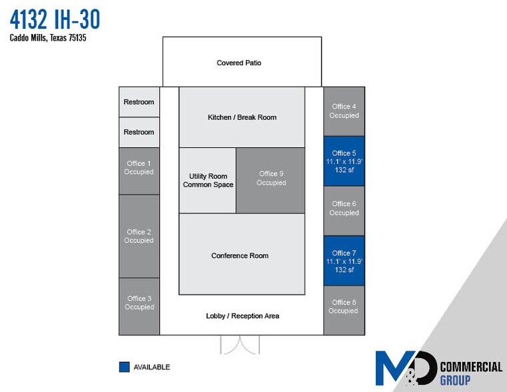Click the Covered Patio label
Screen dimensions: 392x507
click(x=239, y=63)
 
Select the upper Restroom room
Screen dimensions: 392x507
click(x=139, y=102)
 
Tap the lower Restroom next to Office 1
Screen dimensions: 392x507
click(x=139, y=132)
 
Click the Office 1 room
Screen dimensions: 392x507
click(x=139, y=168)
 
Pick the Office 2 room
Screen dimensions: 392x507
click(x=139, y=237)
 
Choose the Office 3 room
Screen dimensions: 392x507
click(x=139, y=303)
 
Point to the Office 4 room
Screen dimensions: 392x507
click(x=344, y=111)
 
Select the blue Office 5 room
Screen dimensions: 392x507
click(x=344, y=161)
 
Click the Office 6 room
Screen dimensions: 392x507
click(x=344, y=209)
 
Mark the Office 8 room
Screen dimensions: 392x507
click(x=344, y=307)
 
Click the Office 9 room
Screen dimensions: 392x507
click(x=271, y=179)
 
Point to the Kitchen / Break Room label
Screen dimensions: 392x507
click(x=242, y=117)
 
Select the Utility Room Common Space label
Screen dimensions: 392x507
click(x=208, y=181)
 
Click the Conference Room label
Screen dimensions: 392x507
click(x=240, y=256)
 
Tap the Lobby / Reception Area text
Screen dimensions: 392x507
click(x=243, y=316)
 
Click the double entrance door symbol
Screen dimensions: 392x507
click(x=240, y=345)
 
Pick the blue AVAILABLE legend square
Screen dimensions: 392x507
click(x=124, y=367)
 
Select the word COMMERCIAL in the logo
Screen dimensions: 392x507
click(x=471, y=367)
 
